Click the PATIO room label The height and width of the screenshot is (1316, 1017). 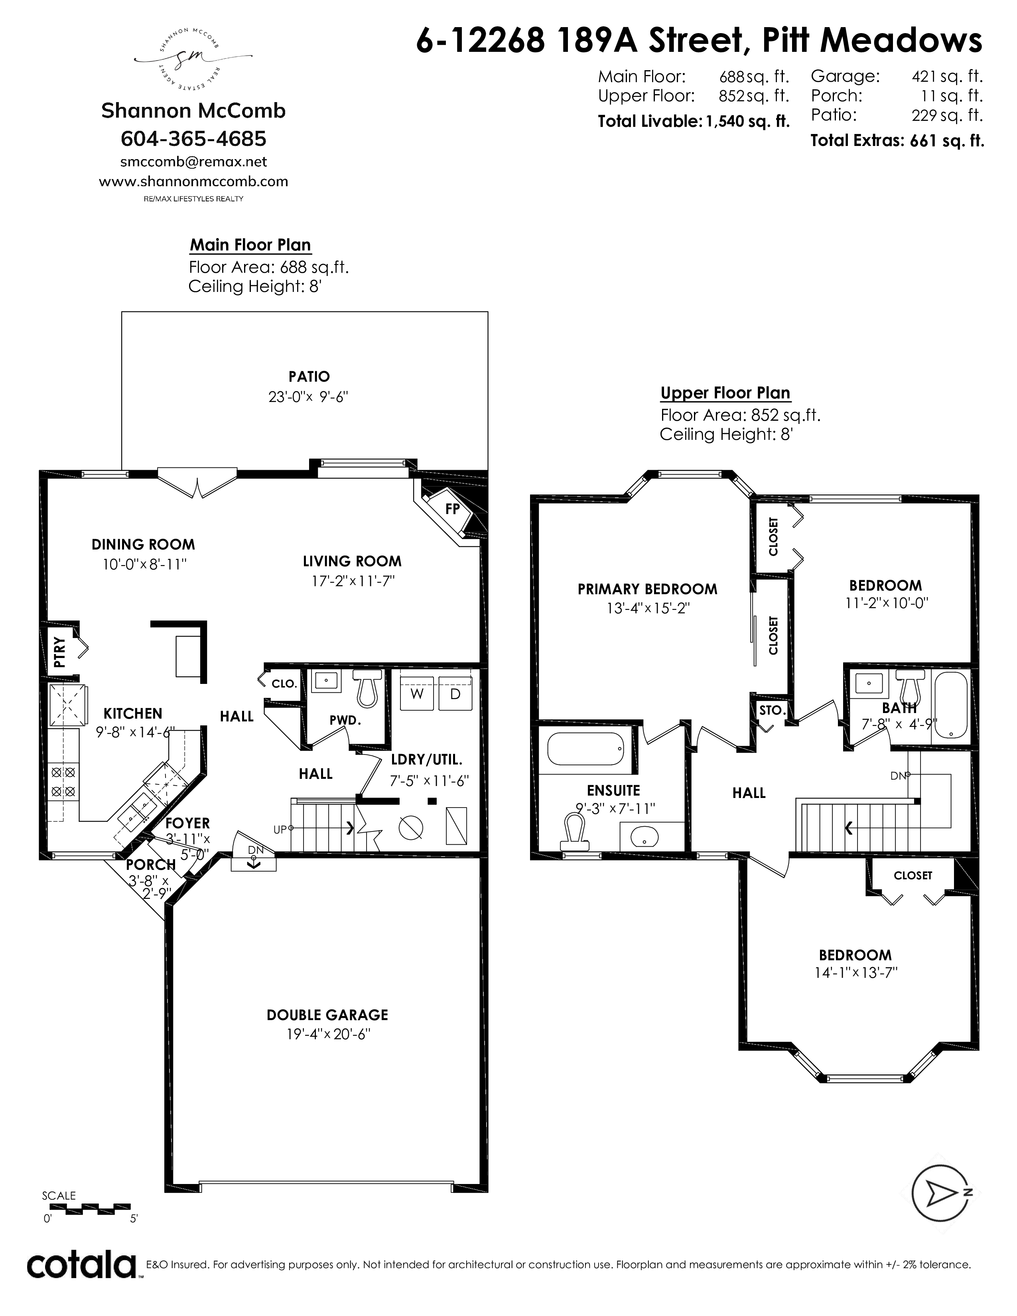309,376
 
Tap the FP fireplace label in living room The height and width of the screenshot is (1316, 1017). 453,508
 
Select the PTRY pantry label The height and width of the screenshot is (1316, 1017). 59,652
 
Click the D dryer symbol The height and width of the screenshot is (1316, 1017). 455,693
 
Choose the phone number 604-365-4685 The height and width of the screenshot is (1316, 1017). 193,139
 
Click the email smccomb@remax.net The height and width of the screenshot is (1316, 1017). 193,162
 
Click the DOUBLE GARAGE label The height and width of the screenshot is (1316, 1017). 327,1015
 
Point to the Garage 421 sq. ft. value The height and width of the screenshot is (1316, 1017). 947,77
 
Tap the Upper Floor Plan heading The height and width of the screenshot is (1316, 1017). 725,393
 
